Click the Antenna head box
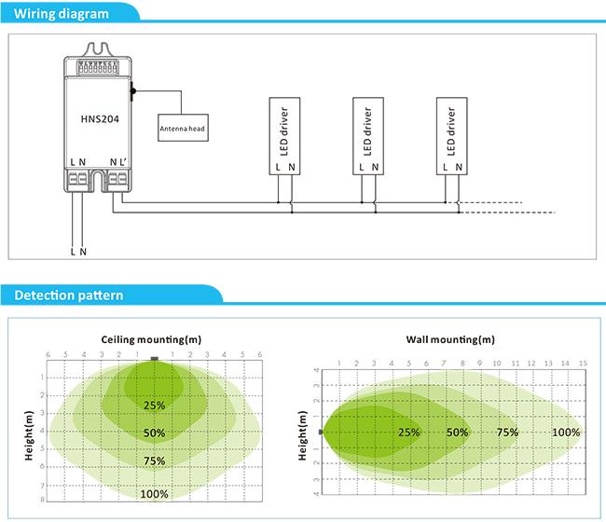point(183,128)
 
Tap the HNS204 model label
point(100,119)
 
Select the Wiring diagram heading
point(61,14)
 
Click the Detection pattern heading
point(69,295)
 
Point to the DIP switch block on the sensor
point(97,67)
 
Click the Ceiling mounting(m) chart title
point(151,339)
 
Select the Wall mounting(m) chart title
point(450,339)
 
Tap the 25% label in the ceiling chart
point(154,405)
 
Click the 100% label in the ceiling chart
point(154,494)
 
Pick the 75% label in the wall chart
point(507,432)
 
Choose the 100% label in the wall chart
point(566,432)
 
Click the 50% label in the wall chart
point(457,432)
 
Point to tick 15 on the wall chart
point(583,364)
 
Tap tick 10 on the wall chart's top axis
point(497,364)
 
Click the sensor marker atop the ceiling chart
point(155,359)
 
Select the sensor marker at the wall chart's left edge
point(321,432)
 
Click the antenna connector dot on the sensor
point(133,91)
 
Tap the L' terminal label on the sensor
point(123,162)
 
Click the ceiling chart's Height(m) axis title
point(29,435)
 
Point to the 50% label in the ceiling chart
point(154,433)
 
